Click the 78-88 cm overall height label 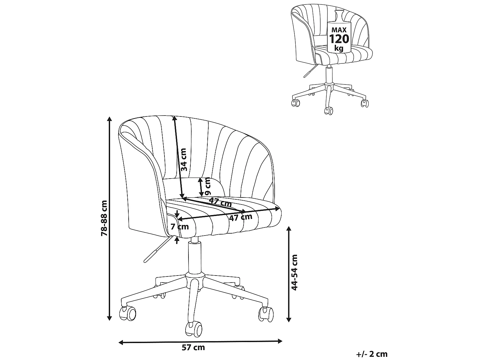click(104, 218)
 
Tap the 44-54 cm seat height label click(295, 273)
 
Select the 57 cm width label click(193, 347)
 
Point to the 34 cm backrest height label click(183, 160)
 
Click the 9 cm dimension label click(208, 186)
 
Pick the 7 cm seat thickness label click(180, 227)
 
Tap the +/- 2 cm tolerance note click(372, 354)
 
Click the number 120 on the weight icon click(339, 39)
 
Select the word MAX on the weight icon click(339, 30)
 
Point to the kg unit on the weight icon click(339, 48)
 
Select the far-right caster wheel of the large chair click(266, 314)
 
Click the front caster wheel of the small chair click(329, 111)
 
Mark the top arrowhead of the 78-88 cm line click(109, 119)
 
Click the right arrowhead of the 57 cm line click(280, 341)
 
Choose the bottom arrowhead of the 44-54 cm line click(289, 320)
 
